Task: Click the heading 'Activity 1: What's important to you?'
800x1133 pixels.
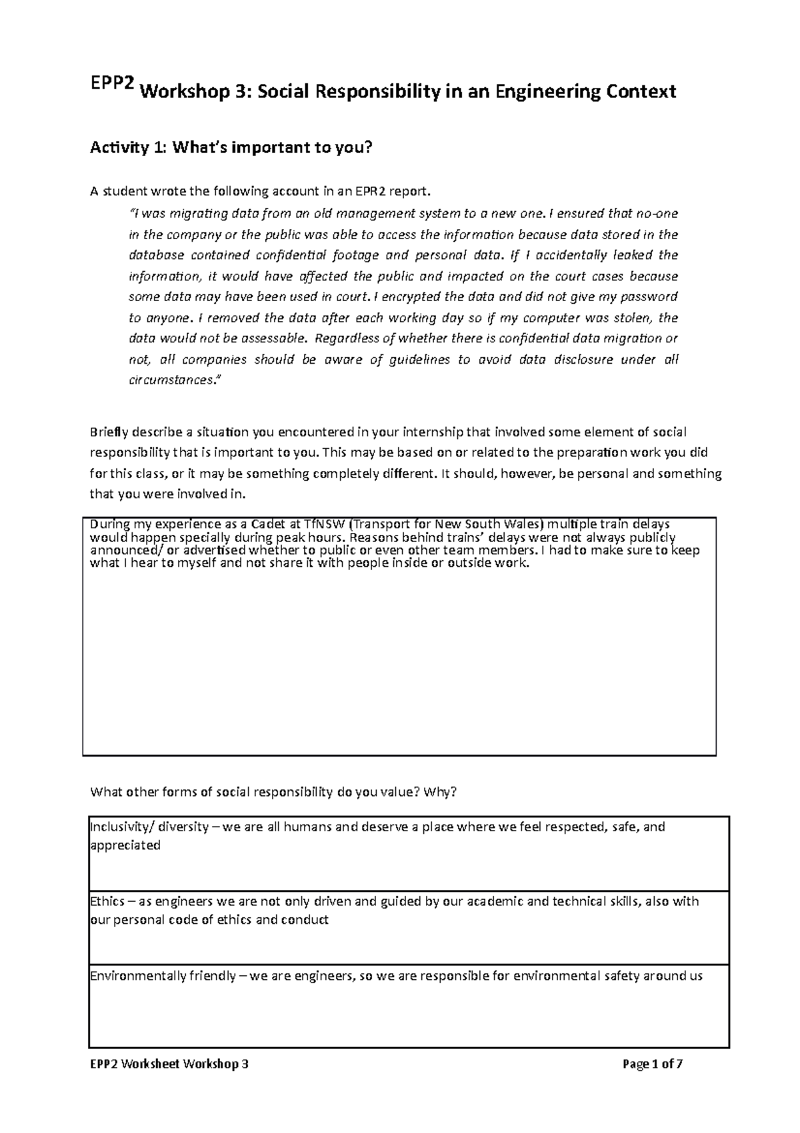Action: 229,148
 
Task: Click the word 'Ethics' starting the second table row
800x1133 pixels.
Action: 107,902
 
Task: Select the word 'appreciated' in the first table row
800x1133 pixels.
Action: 125,845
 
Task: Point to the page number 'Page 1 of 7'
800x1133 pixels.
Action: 652,1064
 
